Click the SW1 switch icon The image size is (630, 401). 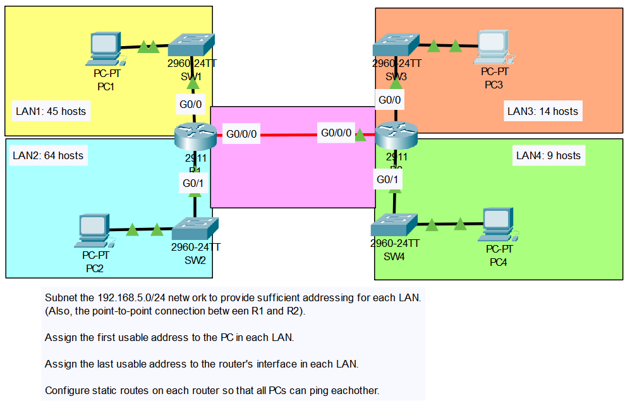click(192, 45)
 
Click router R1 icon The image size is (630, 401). click(195, 135)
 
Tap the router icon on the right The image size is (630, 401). click(396, 135)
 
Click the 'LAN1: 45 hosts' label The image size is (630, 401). click(51, 111)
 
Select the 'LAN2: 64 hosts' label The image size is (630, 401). click(48, 155)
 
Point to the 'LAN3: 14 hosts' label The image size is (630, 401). click(543, 111)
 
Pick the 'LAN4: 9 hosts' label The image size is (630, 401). click(548, 155)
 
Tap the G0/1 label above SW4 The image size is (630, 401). click(387, 180)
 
